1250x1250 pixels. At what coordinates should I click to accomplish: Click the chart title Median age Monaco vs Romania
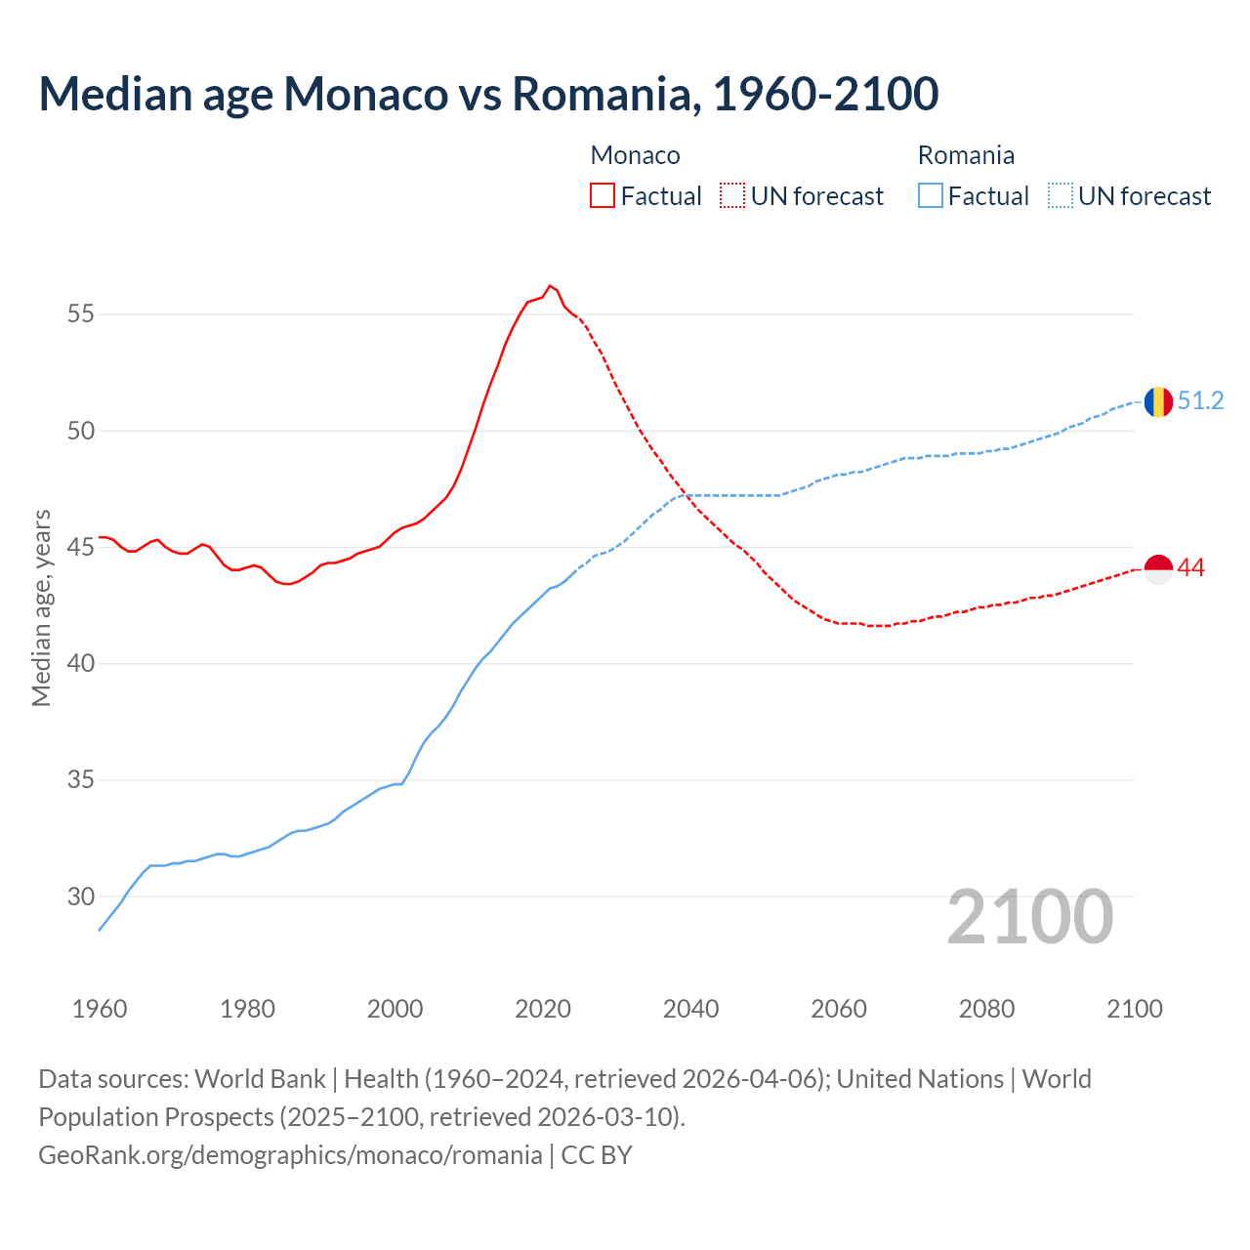click(x=488, y=94)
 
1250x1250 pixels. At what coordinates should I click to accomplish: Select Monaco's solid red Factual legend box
click(x=603, y=195)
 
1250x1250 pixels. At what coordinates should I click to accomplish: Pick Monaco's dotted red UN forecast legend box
click(x=732, y=195)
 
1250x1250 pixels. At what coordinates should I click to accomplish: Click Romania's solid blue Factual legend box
click(x=931, y=195)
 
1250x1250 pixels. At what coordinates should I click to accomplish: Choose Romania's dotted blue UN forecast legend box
click(x=1060, y=195)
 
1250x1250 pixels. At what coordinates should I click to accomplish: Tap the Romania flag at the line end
click(x=1158, y=401)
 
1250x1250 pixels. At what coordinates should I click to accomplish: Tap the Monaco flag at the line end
click(x=1158, y=568)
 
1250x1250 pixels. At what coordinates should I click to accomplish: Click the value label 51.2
click(x=1200, y=401)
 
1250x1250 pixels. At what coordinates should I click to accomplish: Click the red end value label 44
click(x=1190, y=568)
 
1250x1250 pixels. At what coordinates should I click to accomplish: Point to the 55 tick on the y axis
click(x=81, y=314)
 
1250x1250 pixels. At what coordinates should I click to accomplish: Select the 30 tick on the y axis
click(x=81, y=896)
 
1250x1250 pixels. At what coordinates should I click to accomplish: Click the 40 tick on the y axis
click(x=81, y=664)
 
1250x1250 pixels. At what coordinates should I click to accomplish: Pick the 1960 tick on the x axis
click(x=100, y=1009)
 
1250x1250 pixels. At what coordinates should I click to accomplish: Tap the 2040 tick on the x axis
click(x=690, y=1009)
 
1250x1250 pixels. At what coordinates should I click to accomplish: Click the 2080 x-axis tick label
click(x=986, y=1009)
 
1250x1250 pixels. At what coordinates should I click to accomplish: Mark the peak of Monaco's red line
click(x=550, y=286)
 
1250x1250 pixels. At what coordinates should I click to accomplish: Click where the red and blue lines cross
click(x=686, y=495)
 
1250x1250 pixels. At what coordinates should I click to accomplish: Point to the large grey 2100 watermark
click(x=1029, y=917)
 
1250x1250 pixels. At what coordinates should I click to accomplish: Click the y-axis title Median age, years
click(x=41, y=607)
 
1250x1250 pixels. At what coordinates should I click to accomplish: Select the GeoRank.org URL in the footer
click(x=290, y=1155)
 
